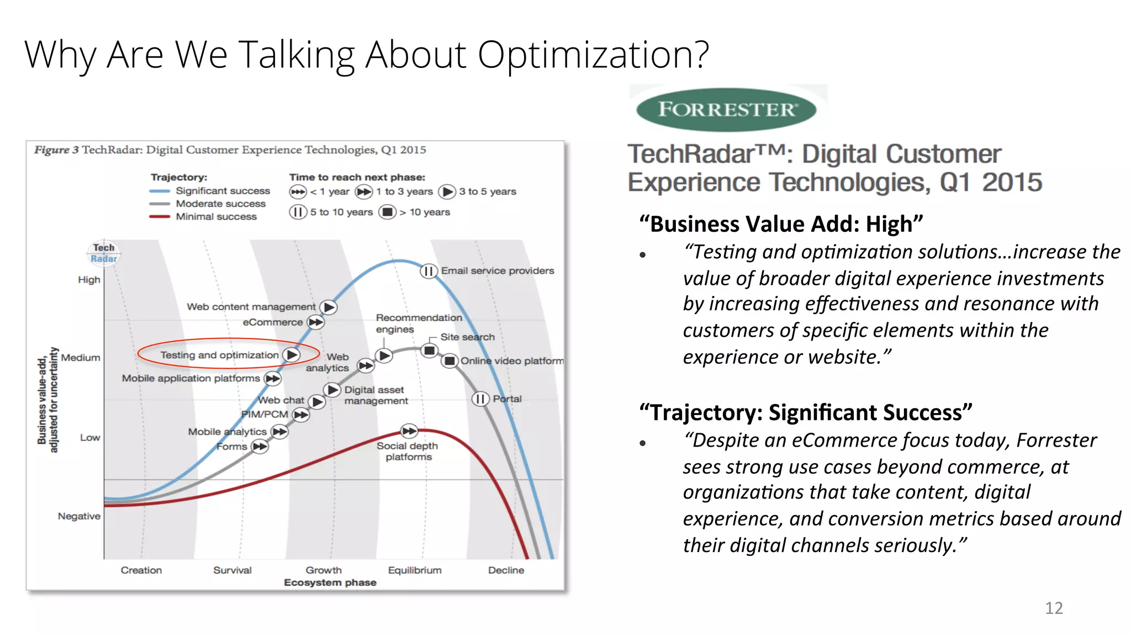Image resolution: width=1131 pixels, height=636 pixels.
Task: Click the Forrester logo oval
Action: coord(726,109)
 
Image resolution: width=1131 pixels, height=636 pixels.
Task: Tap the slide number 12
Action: coord(1053,608)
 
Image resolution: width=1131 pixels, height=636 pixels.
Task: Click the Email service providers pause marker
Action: coord(429,271)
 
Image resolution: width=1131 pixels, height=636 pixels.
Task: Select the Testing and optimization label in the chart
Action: coord(219,355)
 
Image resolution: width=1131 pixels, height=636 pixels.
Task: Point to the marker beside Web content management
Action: coord(329,307)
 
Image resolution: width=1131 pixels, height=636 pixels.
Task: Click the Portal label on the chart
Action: coord(507,399)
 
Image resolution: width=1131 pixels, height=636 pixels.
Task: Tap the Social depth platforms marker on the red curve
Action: coord(409,431)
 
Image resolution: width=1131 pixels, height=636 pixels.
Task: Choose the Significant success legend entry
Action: coord(223,190)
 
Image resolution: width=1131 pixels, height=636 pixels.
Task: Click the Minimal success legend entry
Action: coord(216,216)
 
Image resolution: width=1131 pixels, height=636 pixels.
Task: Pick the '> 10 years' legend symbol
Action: coord(388,212)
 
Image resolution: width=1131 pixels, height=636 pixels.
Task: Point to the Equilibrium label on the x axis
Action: coord(414,570)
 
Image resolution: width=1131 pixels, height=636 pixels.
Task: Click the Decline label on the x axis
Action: coord(506,570)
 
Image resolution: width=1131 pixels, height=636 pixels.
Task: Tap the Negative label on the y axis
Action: coord(79,516)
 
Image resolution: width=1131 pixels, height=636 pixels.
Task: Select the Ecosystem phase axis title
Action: coord(330,582)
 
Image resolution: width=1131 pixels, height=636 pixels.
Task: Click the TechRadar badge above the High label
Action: coord(103,253)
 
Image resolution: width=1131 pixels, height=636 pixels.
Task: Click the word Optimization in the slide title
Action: coord(593,55)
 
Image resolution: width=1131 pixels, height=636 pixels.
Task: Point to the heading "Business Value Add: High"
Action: coord(781,224)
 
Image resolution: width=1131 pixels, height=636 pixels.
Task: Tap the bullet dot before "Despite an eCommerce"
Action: coord(642,443)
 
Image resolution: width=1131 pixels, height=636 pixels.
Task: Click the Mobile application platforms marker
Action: coord(272,379)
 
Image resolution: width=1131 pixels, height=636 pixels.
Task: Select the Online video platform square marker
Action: coord(450,361)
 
